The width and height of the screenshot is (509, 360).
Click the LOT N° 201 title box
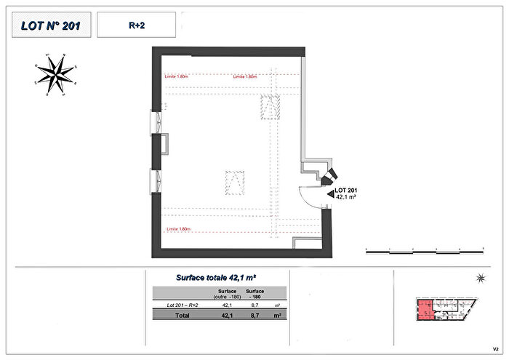coord(49,25)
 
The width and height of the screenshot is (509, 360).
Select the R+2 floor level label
coord(135,25)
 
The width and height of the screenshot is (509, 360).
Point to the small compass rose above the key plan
coord(479,278)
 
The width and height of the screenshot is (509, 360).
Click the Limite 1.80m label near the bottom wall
coord(178,229)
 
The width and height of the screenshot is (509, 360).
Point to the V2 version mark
coord(495,348)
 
